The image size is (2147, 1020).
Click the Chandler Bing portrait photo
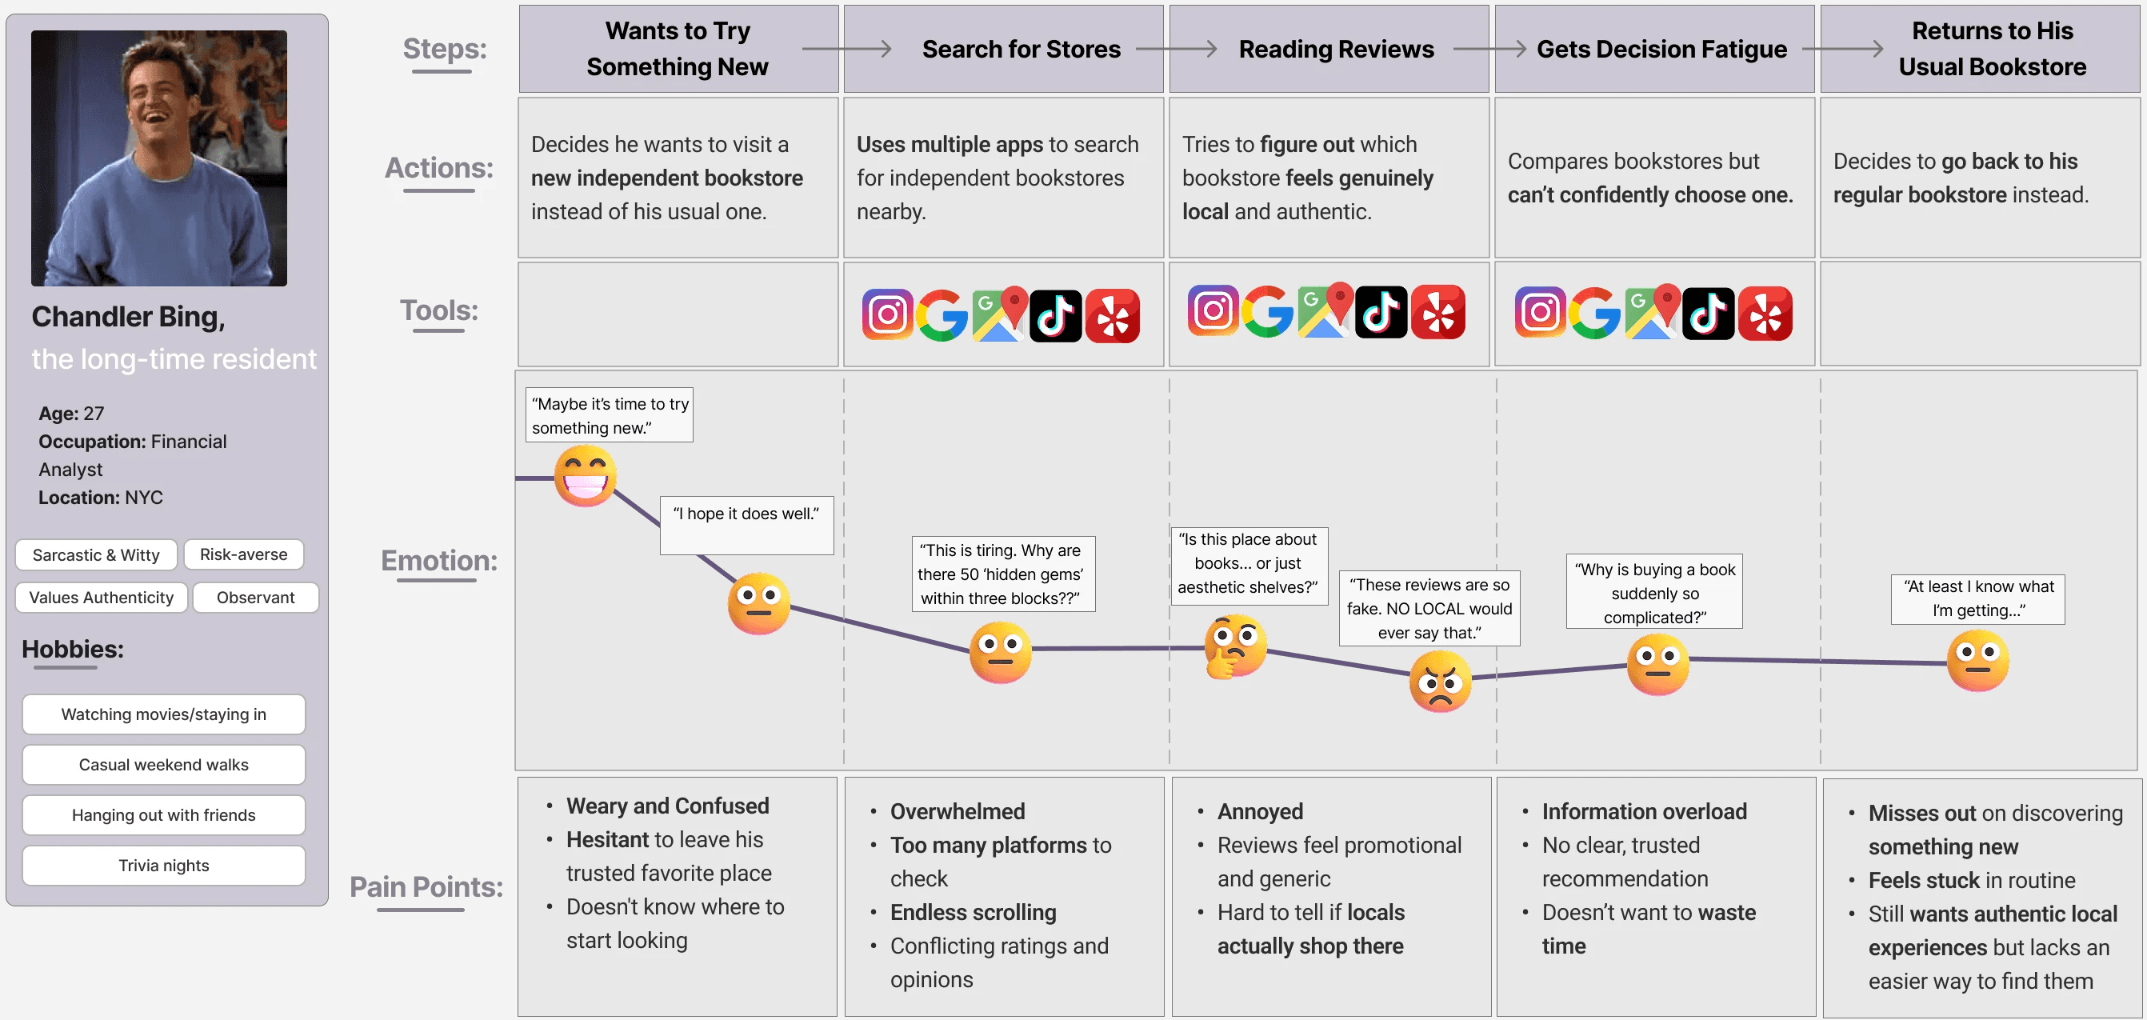[x=158, y=158]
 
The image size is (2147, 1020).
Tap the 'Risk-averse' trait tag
[x=243, y=554]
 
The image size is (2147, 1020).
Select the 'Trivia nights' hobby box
[x=163, y=865]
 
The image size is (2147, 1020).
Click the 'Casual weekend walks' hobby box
[x=163, y=764]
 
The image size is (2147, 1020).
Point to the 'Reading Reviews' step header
[x=1336, y=49]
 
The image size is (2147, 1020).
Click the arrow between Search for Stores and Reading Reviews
[x=1176, y=49]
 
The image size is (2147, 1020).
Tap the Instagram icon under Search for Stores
[x=887, y=315]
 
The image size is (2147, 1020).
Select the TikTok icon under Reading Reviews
[x=1381, y=313]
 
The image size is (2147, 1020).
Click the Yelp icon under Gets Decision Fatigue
[x=1765, y=314]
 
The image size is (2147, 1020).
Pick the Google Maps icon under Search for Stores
[x=999, y=314]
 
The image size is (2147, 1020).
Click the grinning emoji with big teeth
[x=586, y=476]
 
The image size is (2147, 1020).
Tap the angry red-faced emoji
[x=1439, y=681]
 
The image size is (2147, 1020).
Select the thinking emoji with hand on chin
[x=1234, y=646]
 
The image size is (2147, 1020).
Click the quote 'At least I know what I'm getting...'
[x=1977, y=598]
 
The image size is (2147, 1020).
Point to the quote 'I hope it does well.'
[x=746, y=514]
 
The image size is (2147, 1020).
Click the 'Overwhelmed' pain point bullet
[x=957, y=811]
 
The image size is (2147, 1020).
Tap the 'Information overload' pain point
[x=1644, y=811]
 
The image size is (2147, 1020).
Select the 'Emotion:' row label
[x=438, y=560]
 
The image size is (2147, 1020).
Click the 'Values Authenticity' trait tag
[x=101, y=598]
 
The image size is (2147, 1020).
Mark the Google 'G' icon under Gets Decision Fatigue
[x=1594, y=314]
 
